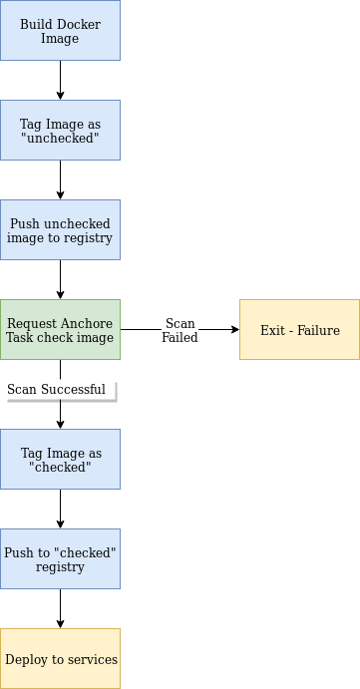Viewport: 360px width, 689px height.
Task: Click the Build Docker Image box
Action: [x=60, y=31]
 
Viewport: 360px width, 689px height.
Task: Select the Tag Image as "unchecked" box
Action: [x=60, y=130]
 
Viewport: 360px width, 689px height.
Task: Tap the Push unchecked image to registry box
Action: [x=60, y=229]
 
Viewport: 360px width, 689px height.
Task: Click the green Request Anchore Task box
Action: [x=60, y=329]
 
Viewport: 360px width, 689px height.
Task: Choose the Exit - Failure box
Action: [x=299, y=329]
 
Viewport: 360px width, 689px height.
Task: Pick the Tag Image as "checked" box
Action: [x=60, y=459]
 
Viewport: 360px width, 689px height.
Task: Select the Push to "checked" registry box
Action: [x=60, y=558]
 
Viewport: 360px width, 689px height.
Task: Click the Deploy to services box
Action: [x=60, y=658]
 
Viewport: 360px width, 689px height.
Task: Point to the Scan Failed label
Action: [x=180, y=330]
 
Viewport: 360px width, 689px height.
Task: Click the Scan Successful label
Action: [x=56, y=389]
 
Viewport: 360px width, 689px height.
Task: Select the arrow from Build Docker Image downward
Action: [x=60, y=80]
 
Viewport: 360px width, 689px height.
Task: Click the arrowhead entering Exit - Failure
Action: [x=234, y=329]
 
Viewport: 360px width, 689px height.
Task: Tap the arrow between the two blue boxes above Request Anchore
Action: [x=60, y=179]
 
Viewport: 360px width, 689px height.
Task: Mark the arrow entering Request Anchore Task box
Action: [x=60, y=280]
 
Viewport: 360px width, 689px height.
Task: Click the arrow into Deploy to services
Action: [x=60, y=608]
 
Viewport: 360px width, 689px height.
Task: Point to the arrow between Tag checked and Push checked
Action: [x=60, y=509]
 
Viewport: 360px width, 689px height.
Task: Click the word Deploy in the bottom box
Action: [x=26, y=659]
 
